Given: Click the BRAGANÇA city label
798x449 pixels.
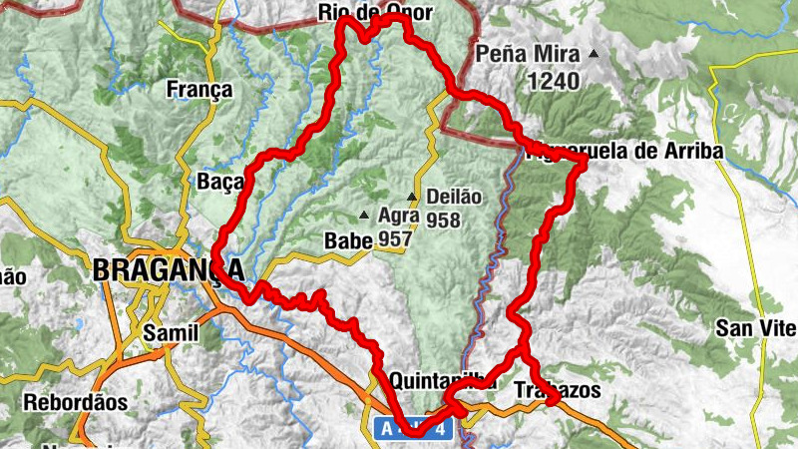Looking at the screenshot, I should [x=167, y=269].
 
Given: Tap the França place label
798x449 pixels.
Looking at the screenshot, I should [x=199, y=90].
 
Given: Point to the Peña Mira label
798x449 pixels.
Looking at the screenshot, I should [x=528, y=54].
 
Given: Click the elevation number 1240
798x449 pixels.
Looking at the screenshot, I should [x=554, y=81].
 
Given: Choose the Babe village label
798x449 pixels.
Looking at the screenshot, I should [x=347, y=240].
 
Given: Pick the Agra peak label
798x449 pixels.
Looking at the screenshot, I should [x=399, y=215].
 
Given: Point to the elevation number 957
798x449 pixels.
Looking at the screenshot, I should [x=395, y=239].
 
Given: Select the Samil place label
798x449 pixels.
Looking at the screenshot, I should [x=172, y=331].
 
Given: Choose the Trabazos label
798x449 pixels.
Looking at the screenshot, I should [x=558, y=390].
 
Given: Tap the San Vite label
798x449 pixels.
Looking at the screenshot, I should [x=756, y=328].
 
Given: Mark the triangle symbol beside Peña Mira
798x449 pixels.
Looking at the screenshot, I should [x=595, y=53].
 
